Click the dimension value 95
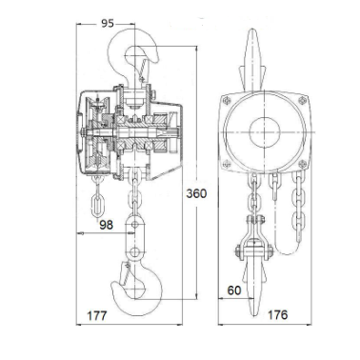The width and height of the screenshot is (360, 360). [x=108, y=23]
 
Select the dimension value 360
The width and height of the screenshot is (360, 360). [x=196, y=193]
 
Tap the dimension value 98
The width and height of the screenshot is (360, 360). [x=106, y=225]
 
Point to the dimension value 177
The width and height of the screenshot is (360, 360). [x=97, y=315]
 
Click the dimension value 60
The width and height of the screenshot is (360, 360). [x=234, y=290]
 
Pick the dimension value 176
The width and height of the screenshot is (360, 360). [x=277, y=314]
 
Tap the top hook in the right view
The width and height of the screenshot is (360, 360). [x=253, y=60]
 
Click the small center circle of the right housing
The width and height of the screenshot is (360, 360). [x=265, y=131]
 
